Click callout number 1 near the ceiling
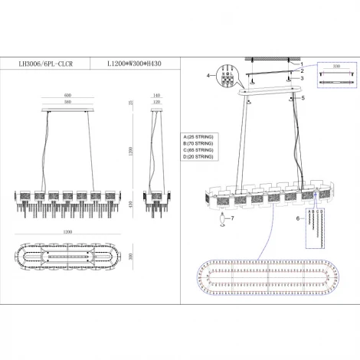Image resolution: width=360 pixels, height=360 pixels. tap(301, 64)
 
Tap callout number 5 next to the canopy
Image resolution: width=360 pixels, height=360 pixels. tap(303, 98)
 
